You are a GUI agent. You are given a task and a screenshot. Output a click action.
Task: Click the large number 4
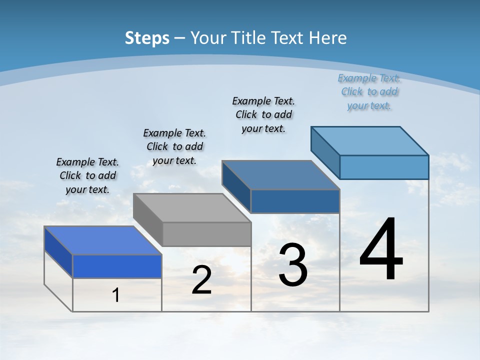(381, 250)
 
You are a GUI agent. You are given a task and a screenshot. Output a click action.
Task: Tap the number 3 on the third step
(292, 265)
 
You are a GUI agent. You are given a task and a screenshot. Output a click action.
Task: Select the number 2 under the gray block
(201, 280)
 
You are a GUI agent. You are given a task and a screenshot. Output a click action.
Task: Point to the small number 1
(116, 295)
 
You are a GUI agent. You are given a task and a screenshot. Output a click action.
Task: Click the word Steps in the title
(147, 38)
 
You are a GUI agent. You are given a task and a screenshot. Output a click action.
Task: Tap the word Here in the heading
(328, 38)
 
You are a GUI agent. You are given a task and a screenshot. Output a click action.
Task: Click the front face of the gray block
(206, 234)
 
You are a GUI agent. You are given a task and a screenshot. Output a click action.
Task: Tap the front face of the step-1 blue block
(117, 266)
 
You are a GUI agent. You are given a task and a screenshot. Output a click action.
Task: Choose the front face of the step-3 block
(295, 201)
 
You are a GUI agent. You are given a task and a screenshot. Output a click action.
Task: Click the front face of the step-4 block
(384, 167)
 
